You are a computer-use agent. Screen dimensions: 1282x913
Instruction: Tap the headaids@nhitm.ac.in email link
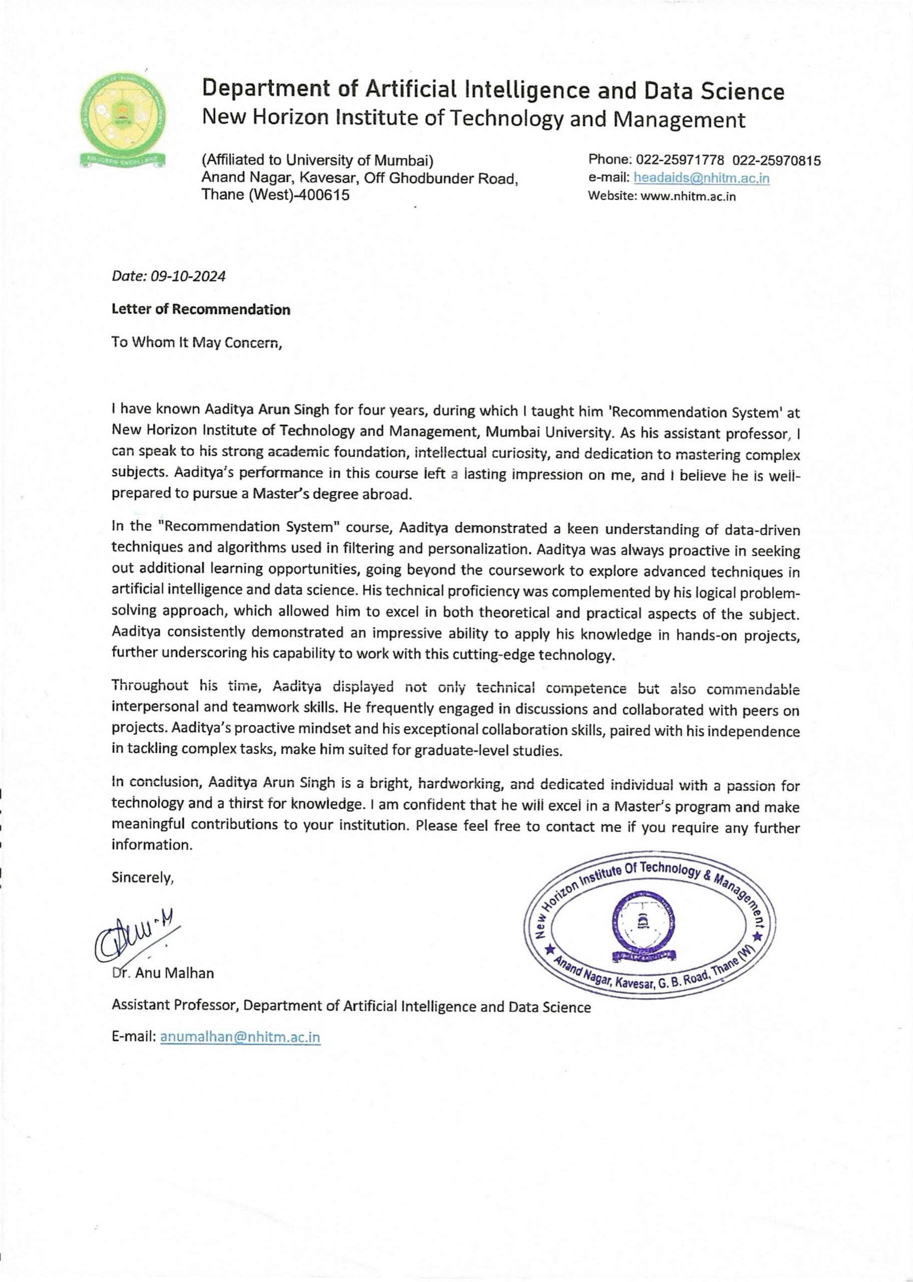point(701,178)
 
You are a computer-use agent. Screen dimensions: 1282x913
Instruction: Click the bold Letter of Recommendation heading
point(201,310)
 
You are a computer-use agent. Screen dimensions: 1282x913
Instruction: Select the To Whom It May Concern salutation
point(196,343)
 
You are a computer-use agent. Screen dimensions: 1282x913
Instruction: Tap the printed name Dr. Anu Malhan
point(163,974)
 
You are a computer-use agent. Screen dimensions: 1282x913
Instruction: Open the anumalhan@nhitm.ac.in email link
point(240,1038)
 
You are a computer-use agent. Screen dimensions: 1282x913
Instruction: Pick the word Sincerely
point(143,878)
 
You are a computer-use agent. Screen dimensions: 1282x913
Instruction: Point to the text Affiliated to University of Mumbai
point(318,160)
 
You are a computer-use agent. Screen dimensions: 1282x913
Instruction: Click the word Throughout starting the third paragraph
point(150,686)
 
